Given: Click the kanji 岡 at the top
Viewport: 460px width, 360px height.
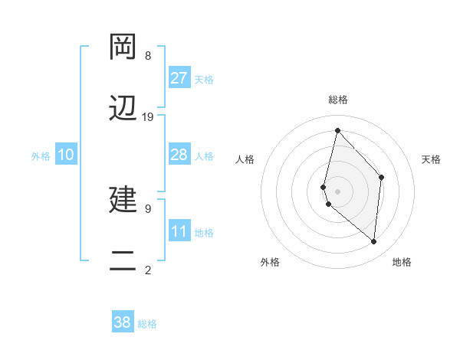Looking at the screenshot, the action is [124, 48].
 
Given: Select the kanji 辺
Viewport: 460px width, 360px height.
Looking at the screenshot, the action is [124, 109].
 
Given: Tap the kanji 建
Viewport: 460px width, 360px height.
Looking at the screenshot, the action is [124, 200].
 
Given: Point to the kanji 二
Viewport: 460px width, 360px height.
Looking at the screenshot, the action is [124, 260].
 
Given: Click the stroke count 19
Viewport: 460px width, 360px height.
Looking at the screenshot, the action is [148, 117].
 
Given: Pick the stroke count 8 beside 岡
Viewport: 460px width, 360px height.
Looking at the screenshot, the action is [148, 56].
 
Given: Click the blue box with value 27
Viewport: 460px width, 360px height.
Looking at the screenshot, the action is [179, 78].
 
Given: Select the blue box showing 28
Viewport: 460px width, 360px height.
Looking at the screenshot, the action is [179, 155].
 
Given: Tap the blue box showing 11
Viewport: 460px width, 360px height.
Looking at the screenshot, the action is [179, 231].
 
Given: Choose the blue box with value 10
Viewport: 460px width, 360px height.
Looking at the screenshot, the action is [66, 155].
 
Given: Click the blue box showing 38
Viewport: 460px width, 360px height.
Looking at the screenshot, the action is [123, 322].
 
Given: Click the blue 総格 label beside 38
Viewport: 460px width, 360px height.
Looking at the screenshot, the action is [147, 324].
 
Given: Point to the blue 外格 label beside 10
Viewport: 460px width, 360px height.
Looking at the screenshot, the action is [41, 156].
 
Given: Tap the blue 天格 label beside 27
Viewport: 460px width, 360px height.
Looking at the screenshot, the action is [204, 80].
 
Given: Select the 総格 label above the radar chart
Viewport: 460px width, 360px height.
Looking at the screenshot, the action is [338, 100].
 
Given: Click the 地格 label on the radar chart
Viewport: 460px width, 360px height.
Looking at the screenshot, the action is [402, 263].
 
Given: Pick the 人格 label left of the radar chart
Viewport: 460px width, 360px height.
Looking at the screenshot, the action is [245, 159].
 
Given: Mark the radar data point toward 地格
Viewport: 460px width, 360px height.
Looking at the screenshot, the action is [374, 242].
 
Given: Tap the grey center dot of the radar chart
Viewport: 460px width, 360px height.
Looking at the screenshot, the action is [338, 191].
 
